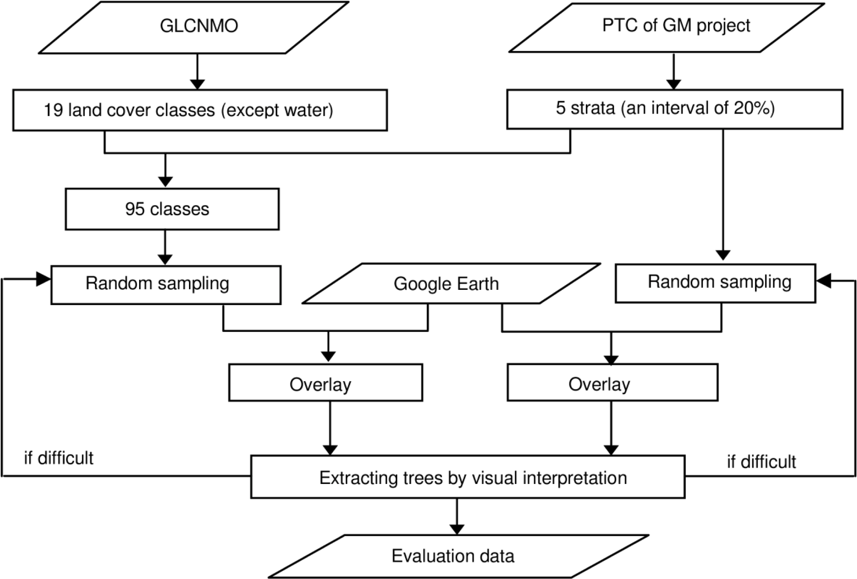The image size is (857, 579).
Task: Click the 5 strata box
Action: [x=674, y=109]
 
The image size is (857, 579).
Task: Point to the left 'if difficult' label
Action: [x=59, y=458]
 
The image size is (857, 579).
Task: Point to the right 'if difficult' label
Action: [x=761, y=462]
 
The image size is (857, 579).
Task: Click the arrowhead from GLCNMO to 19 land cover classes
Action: [x=197, y=85]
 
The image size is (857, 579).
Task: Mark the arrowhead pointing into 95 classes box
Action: [x=165, y=182]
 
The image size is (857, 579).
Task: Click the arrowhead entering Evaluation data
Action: [x=457, y=529]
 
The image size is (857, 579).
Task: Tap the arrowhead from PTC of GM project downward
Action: [x=674, y=85]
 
